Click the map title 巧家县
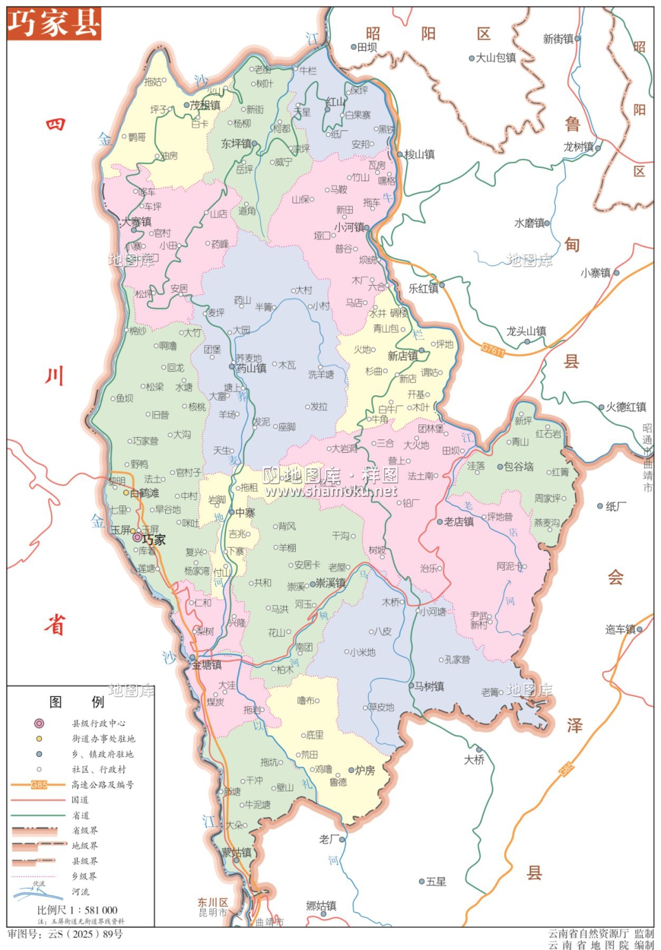point(54,23)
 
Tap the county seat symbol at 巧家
point(137,537)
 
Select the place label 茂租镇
point(205,105)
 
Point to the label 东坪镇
point(236,144)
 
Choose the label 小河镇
point(349,227)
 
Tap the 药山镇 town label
point(251,368)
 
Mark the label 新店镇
point(403,356)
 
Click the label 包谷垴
point(519,467)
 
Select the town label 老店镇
point(459,522)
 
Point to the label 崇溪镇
point(330,583)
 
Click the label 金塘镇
point(207,665)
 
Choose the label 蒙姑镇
point(236,852)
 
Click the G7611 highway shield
point(493,350)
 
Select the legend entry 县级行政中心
point(98,723)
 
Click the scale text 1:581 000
point(77,910)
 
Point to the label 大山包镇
point(496,58)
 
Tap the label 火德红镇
point(626,407)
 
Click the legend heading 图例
point(77,701)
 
